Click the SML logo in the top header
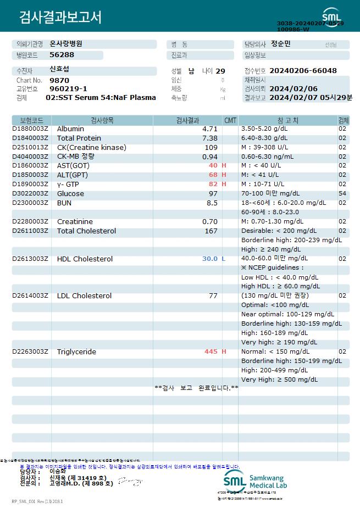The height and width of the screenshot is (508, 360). click(x=331, y=15)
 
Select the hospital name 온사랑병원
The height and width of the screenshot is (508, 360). click(x=66, y=43)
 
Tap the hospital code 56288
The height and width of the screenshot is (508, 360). click(x=62, y=55)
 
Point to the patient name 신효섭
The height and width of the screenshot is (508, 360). click(x=60, y=70)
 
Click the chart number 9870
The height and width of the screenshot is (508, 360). click(x=58, y=80)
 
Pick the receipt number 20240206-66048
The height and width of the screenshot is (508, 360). click(x=303, y=71)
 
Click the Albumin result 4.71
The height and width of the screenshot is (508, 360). click(x=210, y=129)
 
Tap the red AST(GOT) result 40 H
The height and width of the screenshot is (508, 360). click(x=217, y=165)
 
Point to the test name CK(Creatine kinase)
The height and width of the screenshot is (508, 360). click(x=91, y=147)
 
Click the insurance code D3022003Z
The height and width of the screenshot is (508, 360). click(x=30, y=193)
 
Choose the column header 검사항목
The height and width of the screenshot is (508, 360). click(x=102, y=120)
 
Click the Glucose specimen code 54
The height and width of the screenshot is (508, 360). click(x=342, y=193)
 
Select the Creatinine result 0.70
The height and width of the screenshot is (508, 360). click(x=210, y=221)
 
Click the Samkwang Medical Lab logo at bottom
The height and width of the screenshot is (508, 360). click(x=255, y=482)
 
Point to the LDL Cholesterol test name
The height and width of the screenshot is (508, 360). click(x=84, y=295)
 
